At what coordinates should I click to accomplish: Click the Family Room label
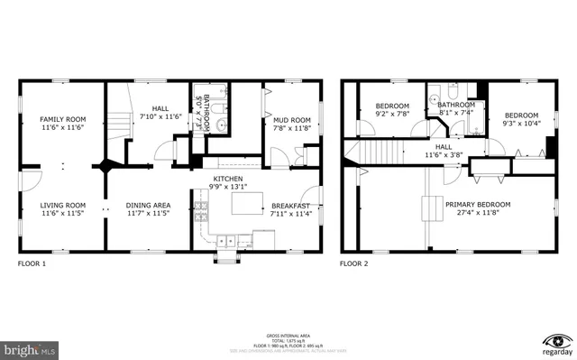point(61,119)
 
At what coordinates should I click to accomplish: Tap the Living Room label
point(61,205)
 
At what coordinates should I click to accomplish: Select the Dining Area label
point(149,205)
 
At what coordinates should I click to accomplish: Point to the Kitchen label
point(228,180)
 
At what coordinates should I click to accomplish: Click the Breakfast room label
point(290,205)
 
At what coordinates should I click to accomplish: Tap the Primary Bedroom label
point(478,205)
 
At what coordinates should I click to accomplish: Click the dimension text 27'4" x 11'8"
point(478,215)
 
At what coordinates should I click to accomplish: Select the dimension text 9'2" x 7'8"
point(392,115)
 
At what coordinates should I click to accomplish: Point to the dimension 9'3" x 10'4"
point(521,125)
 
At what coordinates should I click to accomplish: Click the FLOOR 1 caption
point(32,264)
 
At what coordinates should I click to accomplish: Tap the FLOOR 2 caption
point(353,264)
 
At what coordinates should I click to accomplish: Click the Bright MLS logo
point(30,346)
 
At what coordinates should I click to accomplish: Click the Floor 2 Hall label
point(444,146)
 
